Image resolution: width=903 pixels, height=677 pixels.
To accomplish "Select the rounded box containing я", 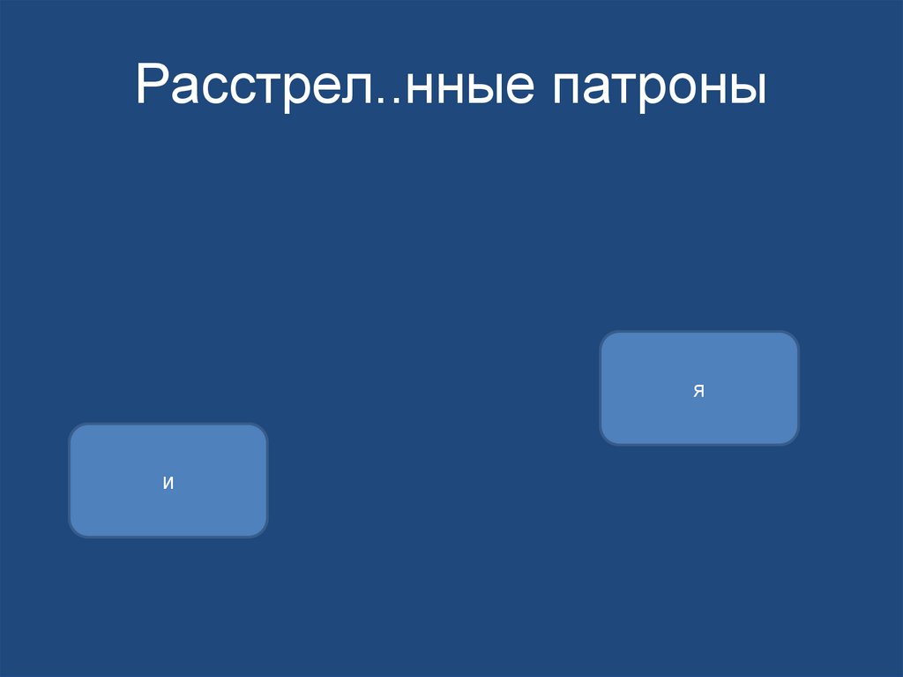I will pos(699,388).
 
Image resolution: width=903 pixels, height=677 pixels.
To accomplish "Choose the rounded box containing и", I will pos(168,481).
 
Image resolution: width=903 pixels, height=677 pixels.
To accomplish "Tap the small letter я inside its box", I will pos(698,391).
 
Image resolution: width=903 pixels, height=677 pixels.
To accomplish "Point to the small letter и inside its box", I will pos(168,483).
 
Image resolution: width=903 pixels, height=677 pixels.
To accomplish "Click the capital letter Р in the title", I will pos(152,87).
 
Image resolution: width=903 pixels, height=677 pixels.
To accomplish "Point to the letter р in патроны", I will pos(657,94).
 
